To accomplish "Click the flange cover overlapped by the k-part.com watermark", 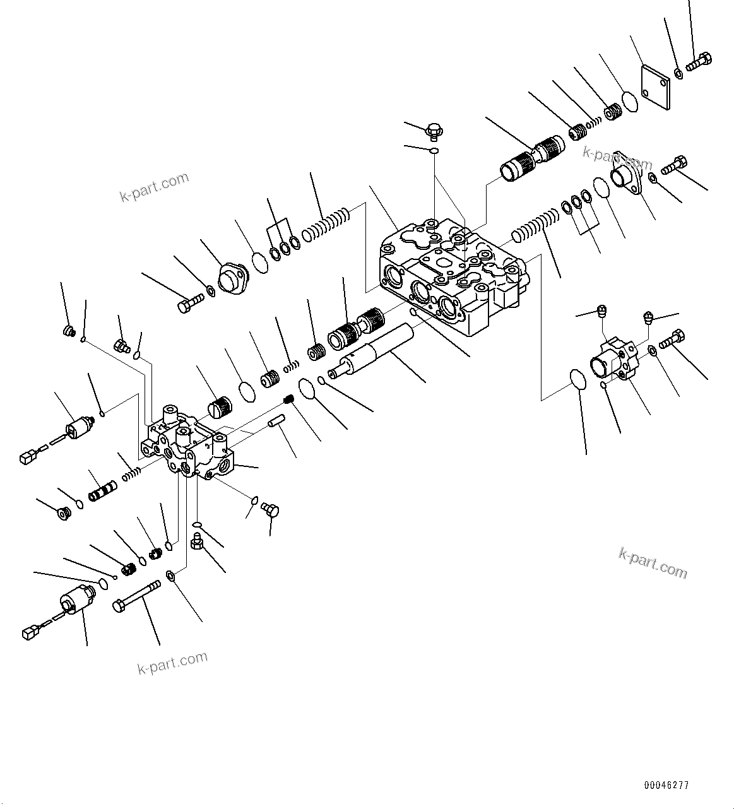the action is tap(627, 174).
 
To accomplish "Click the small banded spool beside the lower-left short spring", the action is tap(102, 491).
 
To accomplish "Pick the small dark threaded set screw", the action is tap(287, 399).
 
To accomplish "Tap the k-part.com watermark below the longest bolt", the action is tap(173, 663).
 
